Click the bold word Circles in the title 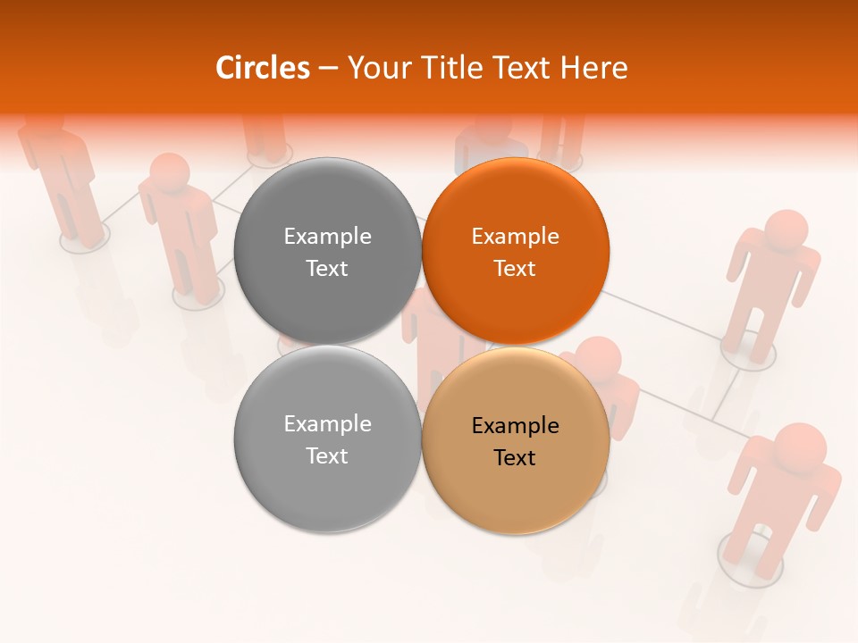[x=262, y=68]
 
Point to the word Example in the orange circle [x=515, y=237]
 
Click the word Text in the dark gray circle [x=327, y=269]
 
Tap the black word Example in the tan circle [x=515, y=425]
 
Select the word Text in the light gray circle [x=327, y=456]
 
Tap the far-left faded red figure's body [x=67, y=179]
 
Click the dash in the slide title [x=328, y=68]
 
